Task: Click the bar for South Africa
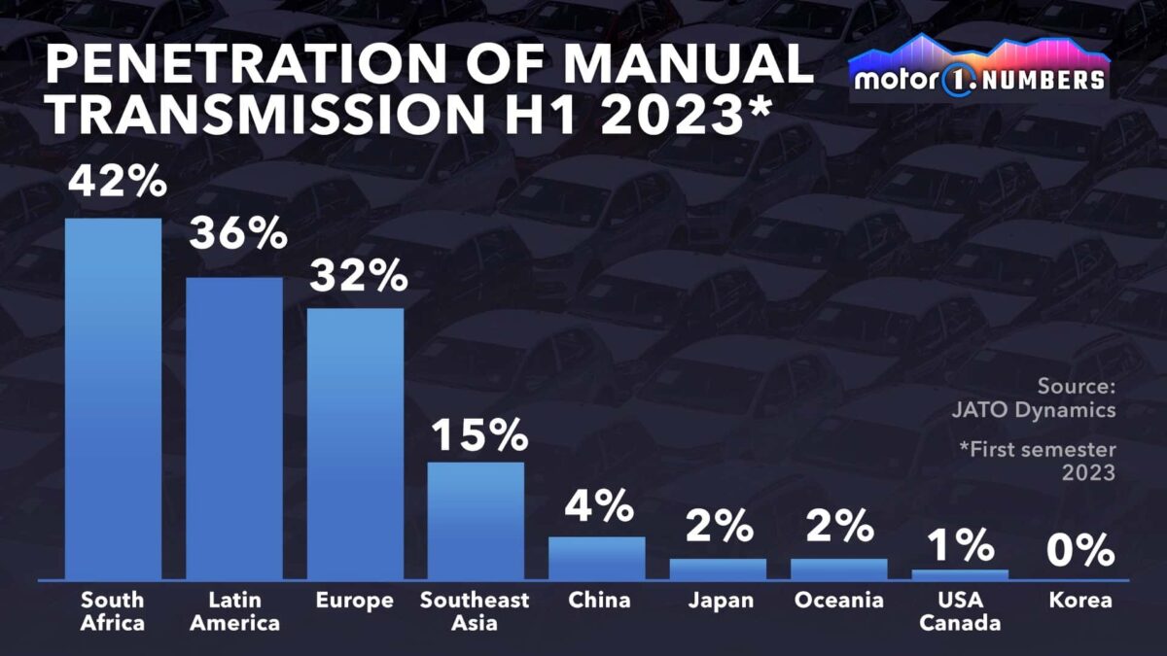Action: click(113, 399)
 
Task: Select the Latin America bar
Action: click(234, 429)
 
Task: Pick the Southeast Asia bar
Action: click(476, 521)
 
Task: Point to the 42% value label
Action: click(114, 182)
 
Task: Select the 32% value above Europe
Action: click(357, 276)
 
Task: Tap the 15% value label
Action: click(478, 434)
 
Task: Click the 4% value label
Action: click(597, 507)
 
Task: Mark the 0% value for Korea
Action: click(1079, 550)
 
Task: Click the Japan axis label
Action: click(720, 601)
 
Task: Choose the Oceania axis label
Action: click(838, 601)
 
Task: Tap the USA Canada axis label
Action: click(959, 611)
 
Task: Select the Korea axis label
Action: click(1079, 601)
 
